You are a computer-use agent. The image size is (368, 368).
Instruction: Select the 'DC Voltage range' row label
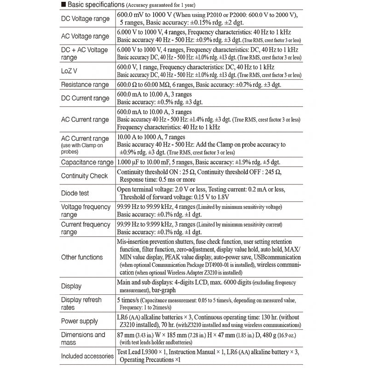click(86, 19)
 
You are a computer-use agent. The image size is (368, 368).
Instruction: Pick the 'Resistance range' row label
click(85, 85)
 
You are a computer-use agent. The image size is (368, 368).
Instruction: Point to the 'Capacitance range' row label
click(87, 162)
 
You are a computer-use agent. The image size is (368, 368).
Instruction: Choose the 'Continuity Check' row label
click(84, 176)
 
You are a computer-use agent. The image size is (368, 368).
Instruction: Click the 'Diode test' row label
click(75, 194)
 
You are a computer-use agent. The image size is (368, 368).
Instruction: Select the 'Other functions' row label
click(82, 257)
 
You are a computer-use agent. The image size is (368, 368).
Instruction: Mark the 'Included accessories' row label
click(87, 356)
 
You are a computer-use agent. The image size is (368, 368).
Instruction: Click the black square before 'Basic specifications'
click(63, 5)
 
